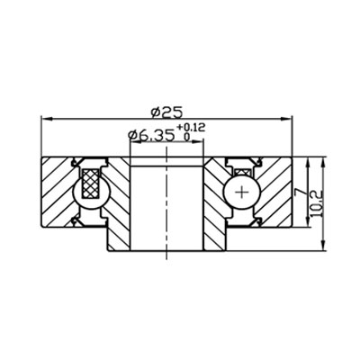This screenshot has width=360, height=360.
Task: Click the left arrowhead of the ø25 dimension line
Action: tap(47, 119)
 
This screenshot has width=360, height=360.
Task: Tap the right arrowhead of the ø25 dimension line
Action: tap(291, 119)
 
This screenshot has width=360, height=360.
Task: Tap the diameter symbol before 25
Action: tap(156, 112)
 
